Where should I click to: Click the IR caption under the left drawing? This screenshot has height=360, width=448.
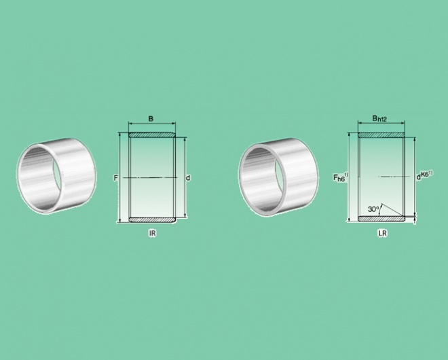point(152,233)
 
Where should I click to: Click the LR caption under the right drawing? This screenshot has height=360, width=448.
point(382,233)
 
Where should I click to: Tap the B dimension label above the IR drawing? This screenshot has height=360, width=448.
point(151,118)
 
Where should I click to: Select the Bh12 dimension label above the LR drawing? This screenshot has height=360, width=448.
point(379,118)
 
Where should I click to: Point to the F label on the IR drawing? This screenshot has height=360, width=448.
point(115,178)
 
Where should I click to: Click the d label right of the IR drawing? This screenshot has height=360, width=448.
point(188,178)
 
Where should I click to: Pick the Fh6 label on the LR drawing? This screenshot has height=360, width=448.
point(341,177)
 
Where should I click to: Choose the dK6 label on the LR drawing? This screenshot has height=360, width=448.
point(424,175)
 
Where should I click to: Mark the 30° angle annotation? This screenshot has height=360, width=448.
point(373,209)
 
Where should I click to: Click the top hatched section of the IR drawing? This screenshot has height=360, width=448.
point(152,134)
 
